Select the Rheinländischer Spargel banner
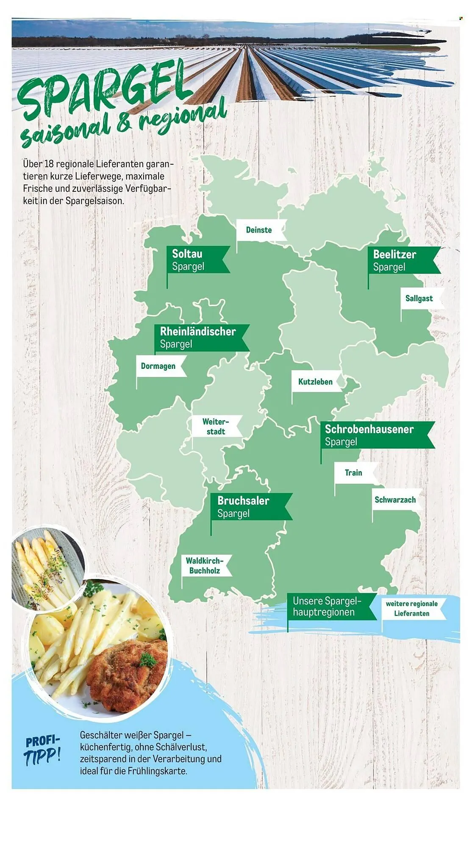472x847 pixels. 199,338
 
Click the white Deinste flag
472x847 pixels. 259,230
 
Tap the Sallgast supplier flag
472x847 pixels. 419,298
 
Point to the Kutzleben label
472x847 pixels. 316,382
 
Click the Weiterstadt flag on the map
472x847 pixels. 216,426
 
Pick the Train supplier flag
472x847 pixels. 354,473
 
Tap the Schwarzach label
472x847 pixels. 395,500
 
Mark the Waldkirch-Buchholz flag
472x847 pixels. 205,565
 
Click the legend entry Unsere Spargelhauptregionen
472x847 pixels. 326,606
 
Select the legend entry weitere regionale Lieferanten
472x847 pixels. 412,609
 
